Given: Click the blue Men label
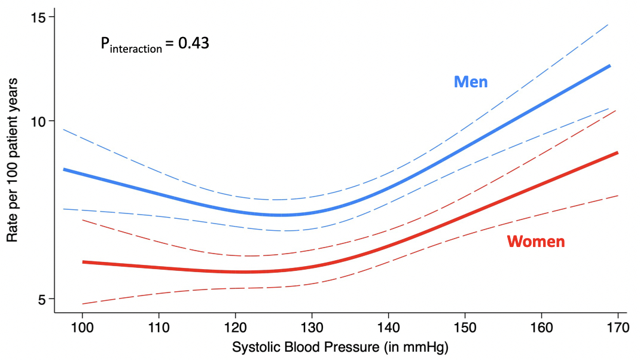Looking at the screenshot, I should [471, 82].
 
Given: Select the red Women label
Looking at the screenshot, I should [536, 242].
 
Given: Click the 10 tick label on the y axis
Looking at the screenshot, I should [39, 121].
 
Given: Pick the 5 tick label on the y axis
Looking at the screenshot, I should [42, 298].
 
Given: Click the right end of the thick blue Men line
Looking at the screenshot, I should [609, 66].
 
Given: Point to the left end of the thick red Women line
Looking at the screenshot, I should [83, 262].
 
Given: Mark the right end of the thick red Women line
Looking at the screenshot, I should [617, 153].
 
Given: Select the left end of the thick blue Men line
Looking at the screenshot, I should [64, 169].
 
